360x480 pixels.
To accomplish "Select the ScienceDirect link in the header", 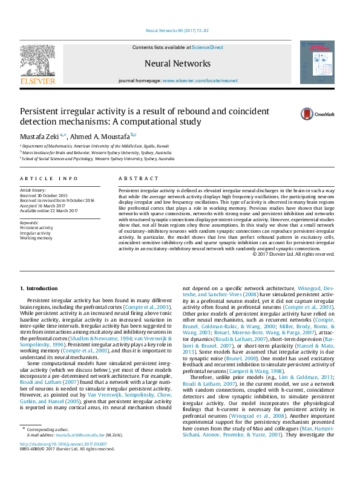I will (208, 47).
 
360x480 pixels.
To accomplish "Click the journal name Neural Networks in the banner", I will (177, 63).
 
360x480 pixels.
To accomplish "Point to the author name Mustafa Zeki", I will (39, 137).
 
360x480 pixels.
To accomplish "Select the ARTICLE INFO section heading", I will (49, 179).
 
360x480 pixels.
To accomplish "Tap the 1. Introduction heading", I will (39, 289).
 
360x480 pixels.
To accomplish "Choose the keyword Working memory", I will (37, 238).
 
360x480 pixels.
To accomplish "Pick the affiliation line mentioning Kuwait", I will (86, 146).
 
